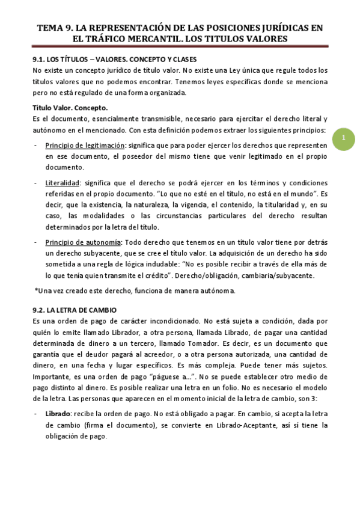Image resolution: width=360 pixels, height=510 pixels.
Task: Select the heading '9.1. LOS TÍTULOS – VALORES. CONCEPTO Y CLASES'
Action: click(114, 60)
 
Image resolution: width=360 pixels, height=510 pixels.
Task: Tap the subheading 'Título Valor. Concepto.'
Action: click(70, 108)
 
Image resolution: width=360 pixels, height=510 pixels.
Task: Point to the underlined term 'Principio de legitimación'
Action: click(85, 146)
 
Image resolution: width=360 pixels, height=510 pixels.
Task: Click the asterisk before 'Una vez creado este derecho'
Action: click(35, 290)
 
